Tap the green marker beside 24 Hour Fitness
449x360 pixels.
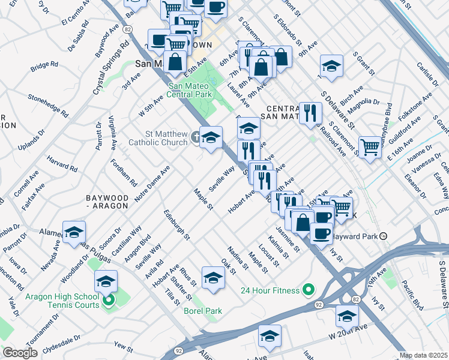point(309,290)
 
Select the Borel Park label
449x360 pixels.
point(203,311)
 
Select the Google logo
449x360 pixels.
point(20,353)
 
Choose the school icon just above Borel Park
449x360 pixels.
point(213,276)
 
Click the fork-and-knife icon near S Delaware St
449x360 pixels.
point(310,111)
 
